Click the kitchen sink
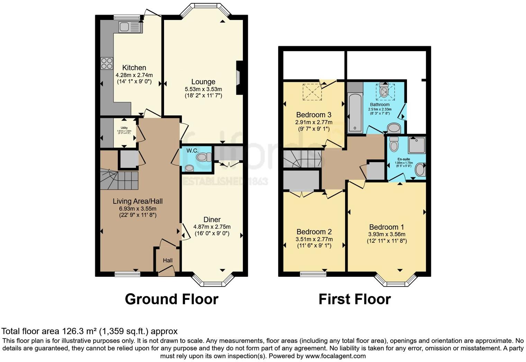click(x=130, y=27)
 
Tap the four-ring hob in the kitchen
click(x=107, y=63)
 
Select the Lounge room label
click(x=203, y=82)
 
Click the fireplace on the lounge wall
click(x=239, y=78)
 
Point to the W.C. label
click(x=192, y=151)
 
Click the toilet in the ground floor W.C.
click(x=203, y=158)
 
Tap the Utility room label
click(x=124, y=128)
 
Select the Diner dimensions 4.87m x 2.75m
click(x=212, y=227)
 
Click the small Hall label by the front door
click(x=167, y=260)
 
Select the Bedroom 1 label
click(x=387, y=227)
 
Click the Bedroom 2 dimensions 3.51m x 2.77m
click(x=314, y=239)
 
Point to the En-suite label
click(x=404, y=159)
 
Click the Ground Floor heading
click(x=171, y=299)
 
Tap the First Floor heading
click(x=354, y=299)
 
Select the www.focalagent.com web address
click(x=335, y=356)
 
